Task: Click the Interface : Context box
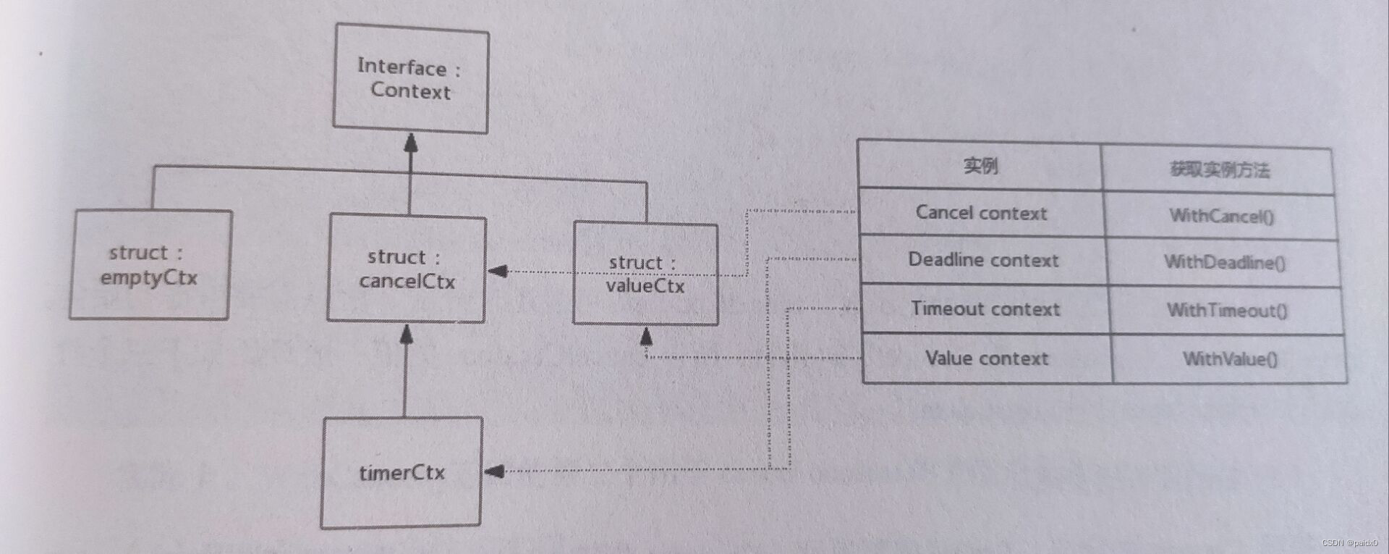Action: [410, 79]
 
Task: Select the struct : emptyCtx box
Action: [150, 265]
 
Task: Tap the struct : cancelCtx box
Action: [407, 269]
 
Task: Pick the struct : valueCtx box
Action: [645, 274]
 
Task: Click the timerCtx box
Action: [402, 472]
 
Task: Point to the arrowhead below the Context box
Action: [411, 143]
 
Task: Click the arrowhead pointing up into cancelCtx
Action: [406, 334]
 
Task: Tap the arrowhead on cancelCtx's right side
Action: [498, 271]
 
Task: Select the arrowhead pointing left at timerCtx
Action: [494, 471]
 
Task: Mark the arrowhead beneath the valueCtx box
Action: [646, 336]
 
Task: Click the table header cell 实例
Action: [980, 166]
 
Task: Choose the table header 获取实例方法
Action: [1219, 170]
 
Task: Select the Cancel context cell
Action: [981, 213]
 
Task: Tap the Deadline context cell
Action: [983, 260]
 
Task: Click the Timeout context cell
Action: [985, 309]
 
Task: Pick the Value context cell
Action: [987, 358]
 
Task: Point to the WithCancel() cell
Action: [1221, 216]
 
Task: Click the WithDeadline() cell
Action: [1224, 262]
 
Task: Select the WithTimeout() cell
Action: [1227, 311]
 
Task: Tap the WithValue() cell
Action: [1230, 359]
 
